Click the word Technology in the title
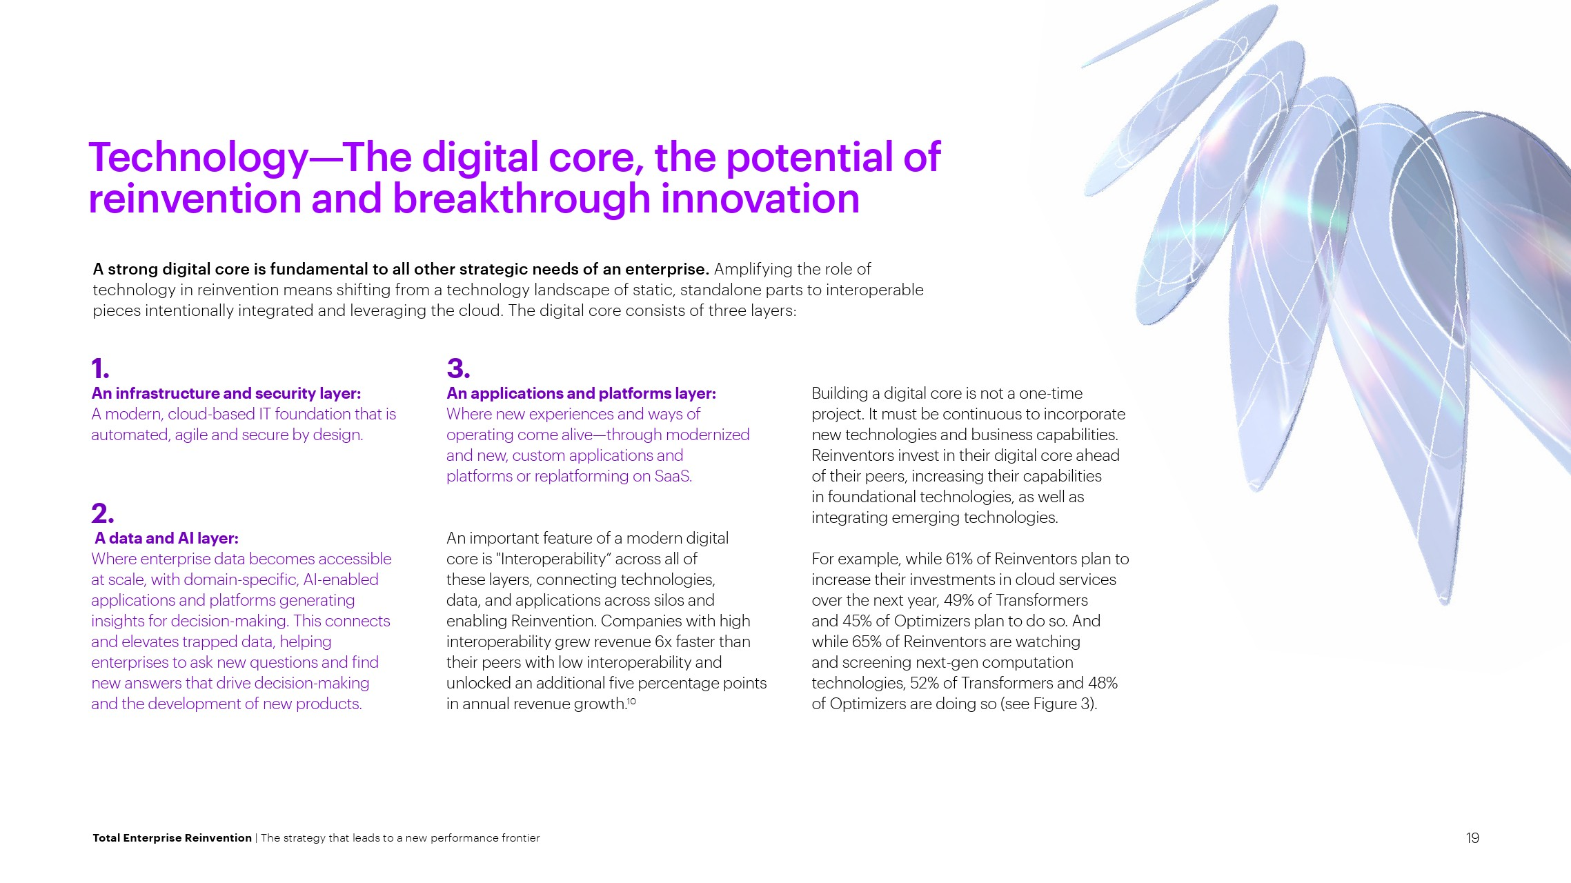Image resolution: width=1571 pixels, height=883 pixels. click(199, 159)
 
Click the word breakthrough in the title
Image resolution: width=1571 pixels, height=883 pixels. click(522, 199)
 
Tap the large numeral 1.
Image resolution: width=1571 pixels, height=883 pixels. click(101, 369)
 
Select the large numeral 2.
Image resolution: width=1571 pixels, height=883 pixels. click(103, 514)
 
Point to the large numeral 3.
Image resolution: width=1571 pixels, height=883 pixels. click(459, 368)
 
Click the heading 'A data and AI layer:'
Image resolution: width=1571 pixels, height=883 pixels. click(167, 538)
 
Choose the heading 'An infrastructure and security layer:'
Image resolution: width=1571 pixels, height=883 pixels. click(226, 393)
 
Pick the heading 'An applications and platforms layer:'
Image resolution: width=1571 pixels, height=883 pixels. click(582, 393)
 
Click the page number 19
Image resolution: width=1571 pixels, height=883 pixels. click(1472, 838)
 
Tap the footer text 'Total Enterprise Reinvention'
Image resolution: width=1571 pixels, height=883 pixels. click(172, 838)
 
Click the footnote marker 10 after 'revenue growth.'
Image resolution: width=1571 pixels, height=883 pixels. click(631, 701)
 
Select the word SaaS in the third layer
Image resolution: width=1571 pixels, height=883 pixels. click(673, 476)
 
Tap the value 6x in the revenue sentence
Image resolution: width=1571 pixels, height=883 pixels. click(663, 642)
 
